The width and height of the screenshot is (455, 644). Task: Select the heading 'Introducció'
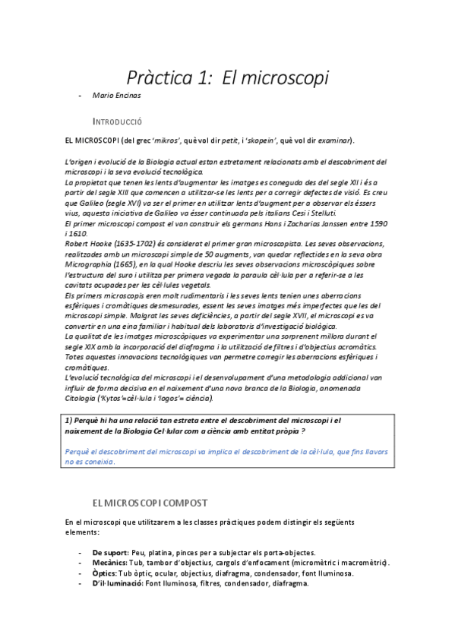[x=117, y=121]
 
